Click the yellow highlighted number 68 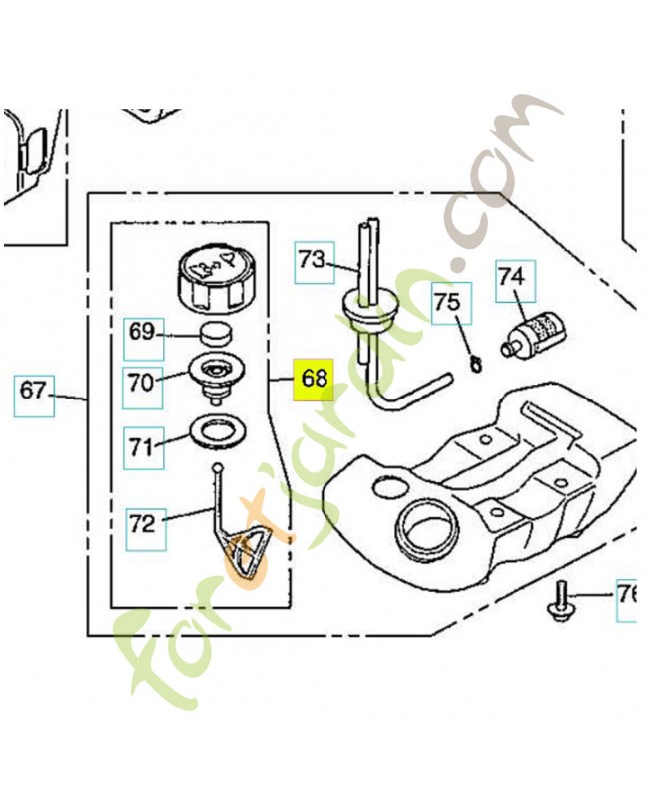coord(313,380)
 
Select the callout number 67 coord(34,392)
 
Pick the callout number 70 coord(142,383)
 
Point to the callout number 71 coord(143,447)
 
